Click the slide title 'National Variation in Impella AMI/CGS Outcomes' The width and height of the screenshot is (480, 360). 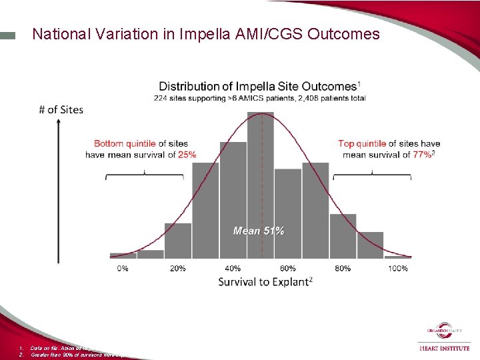tap(206, 34)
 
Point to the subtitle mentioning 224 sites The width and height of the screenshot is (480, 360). tap(259, 99)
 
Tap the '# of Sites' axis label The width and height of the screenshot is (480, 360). tap(61, 109)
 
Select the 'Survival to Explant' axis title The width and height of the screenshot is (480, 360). tap(265, 282)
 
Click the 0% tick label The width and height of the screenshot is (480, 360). tap(123, 268)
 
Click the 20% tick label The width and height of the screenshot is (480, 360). tap(178, 268)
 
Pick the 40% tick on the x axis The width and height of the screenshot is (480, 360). tap(233, 268)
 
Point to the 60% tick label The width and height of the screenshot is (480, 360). tap(288, 268)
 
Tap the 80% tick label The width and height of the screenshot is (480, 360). tap(343, 268)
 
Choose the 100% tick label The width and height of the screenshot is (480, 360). tap(397, 268)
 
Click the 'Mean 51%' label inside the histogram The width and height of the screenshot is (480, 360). tap(259, 231)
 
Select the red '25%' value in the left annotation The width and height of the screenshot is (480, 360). tap(187, 155)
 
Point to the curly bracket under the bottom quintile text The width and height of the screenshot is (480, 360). tap(145, 175)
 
